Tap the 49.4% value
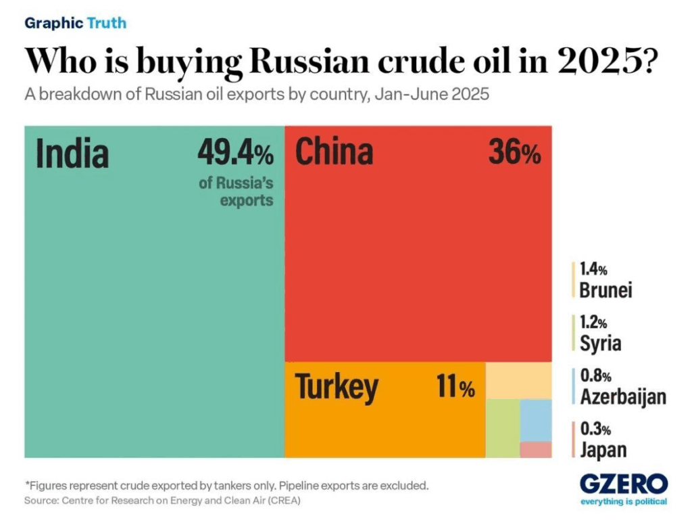pyautogui.click(x=235, y=153)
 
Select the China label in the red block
pyautogui.click(x=334, y=152)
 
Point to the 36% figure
pyautogui.click(x=514, y=153)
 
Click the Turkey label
pyautogui.click(x=337, y=387)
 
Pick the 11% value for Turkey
pyautogui.click(x=455, y=388)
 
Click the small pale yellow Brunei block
pyautogui.click(x=518, y=380)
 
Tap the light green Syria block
pyautogui.click(x=502, y=428)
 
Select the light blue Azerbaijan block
pyautogui.click(x=535, y=419)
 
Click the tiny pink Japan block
pyautogui.click(x=535, y=450)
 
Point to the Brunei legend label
pyautogui.click(x=605, y=290)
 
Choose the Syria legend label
pyautogui.click(x=600, y=343)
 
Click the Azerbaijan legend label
pyautogui.click(x=622, y=396)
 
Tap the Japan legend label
pyautogui.click(x=603, y=449)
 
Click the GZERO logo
pyautogui.click(x=623, y=484)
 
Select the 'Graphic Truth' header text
pyautogui.click(x=75, y=23)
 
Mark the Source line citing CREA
pyautogui.click(x=162, y=501)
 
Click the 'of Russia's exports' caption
pyautogui.click(x=236, y=191)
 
